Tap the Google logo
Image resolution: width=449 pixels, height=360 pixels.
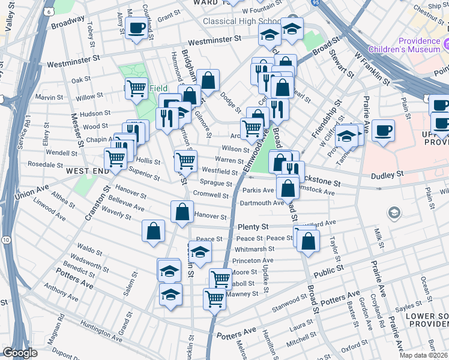pyautogui.click(x=20, y=353)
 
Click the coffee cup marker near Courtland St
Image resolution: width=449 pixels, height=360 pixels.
pyautogui.click(x=136, y=26)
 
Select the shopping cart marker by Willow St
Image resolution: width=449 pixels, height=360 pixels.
pyautogui.click(x=137, y=89)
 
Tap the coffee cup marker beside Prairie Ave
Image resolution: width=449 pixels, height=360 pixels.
pyautogui.click(x=383, y=130)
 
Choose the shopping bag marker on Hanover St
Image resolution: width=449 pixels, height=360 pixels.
pyautogui.click(x=181, y=211)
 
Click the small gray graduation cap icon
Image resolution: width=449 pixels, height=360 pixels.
pyautogui.click(x=394, y=212)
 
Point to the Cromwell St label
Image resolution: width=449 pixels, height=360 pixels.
pyautogui.click(x=211, y=194)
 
